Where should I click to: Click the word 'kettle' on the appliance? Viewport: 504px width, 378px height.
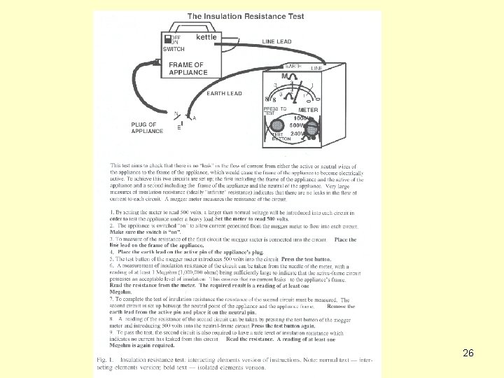tap(206, 37)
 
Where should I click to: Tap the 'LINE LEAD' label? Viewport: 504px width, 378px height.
tap(277, 42)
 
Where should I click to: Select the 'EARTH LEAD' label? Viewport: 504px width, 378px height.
tap(224, 93)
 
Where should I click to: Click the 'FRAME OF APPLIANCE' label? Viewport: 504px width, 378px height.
tap(188, 69)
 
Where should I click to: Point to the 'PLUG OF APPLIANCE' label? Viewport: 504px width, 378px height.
tap(147, 127)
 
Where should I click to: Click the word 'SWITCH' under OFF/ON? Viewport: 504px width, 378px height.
tap(174, 50)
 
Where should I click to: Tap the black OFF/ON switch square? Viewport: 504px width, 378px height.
tap(167, 39)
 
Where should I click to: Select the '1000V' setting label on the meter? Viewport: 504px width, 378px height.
tap(302, 118)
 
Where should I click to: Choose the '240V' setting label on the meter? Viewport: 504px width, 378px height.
tap(299, 133)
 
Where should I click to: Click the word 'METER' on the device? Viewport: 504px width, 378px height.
tap(309, 110)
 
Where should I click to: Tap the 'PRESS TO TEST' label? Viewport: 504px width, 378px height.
tap(274, 111)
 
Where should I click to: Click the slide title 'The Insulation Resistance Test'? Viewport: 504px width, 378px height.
tap(245, 16)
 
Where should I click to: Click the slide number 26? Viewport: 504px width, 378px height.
tap(468, 353)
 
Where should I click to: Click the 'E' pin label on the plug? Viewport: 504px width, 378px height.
tap(179, 128)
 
